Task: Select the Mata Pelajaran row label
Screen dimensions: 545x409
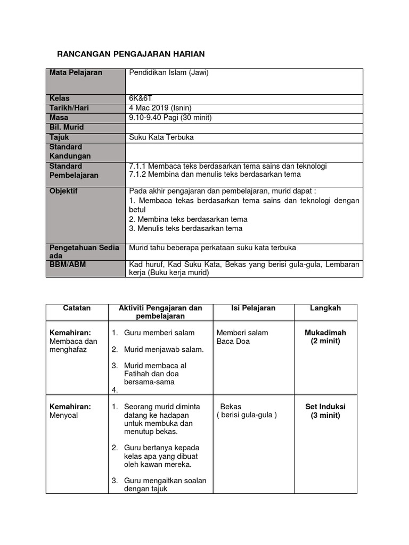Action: [76, 73]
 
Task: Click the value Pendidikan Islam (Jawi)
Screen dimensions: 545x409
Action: [169, 73]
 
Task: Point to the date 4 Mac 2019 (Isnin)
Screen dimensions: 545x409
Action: [160, 108]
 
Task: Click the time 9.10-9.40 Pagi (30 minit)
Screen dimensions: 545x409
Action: [170, 118]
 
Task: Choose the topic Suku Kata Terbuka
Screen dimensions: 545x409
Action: [161, 137]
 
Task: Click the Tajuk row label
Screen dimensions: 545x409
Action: [59, 137]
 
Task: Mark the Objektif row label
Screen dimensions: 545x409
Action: [63, 191]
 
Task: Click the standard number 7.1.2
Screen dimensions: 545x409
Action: [138, 175]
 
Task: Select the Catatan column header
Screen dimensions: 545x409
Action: [77, 308]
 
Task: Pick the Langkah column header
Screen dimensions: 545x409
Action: [325, 308]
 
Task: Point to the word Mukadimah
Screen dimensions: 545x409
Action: [325, 333]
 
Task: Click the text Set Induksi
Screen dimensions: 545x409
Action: [325, 407]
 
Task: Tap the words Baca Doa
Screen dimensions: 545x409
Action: [233, 342]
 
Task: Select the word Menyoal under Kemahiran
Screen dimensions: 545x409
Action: [63, 415]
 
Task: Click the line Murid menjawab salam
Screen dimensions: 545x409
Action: [163, 350]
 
